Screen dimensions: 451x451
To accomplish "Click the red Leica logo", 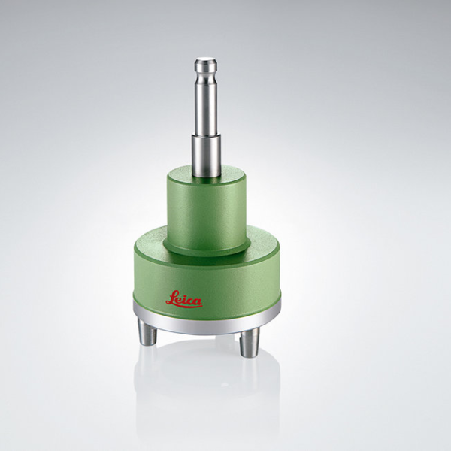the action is [184, 299].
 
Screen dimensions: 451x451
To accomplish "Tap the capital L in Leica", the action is [171, 298].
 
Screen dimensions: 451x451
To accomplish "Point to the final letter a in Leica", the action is [197, 301].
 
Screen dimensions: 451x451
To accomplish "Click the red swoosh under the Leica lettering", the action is [186, 306].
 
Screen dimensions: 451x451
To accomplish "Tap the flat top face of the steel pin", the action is [205, 61].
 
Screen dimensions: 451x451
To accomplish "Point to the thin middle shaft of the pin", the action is [205, 109].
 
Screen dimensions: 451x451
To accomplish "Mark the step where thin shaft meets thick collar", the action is [206, 137].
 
